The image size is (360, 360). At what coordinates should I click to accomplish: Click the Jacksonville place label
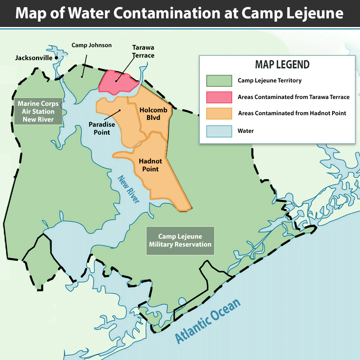pos(33,58)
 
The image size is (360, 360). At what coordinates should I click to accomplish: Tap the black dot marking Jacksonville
pos(57,58)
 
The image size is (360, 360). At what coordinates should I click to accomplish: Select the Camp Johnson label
pos(91,45)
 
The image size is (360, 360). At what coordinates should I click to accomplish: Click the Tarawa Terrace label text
pos(143,51)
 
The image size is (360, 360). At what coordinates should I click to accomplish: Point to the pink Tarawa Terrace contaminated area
pos(119,82)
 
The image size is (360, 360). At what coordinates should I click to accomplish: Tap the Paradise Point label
pos(102,128)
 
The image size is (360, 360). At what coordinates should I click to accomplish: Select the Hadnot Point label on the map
pos(149,165)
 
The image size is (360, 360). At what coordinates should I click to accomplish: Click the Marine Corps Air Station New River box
pos(38,112)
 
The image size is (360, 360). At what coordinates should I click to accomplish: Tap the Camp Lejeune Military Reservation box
pos(180,240)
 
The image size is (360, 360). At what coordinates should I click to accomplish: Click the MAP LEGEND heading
pos(282,65)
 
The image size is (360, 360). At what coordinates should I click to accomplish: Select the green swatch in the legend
pos(219,81)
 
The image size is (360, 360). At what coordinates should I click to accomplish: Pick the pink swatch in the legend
pos(219,97)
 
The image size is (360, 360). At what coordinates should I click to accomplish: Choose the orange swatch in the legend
pos(219,113)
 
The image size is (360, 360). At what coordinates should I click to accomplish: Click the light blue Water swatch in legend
pos(219,131)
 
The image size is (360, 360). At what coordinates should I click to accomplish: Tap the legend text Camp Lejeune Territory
pos(269,81)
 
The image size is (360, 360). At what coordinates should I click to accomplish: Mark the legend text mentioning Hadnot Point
pos(292,113)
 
